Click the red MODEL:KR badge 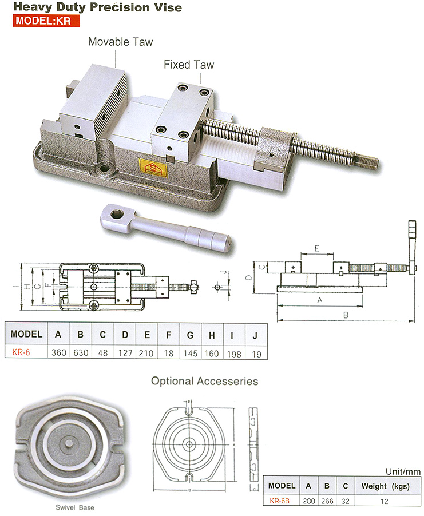tap(43, 22)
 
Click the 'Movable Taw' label tap(120, 42)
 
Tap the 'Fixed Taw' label tap(189, 64)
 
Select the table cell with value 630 tap(81, 353)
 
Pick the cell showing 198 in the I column tap(234, 353)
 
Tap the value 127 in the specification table tap(125, 353)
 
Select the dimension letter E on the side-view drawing tap(317, 250)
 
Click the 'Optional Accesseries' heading tap(204, 381)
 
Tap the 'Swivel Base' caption tap(75, 507)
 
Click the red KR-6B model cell tap(282, 501)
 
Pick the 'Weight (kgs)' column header tap(382, 486)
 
